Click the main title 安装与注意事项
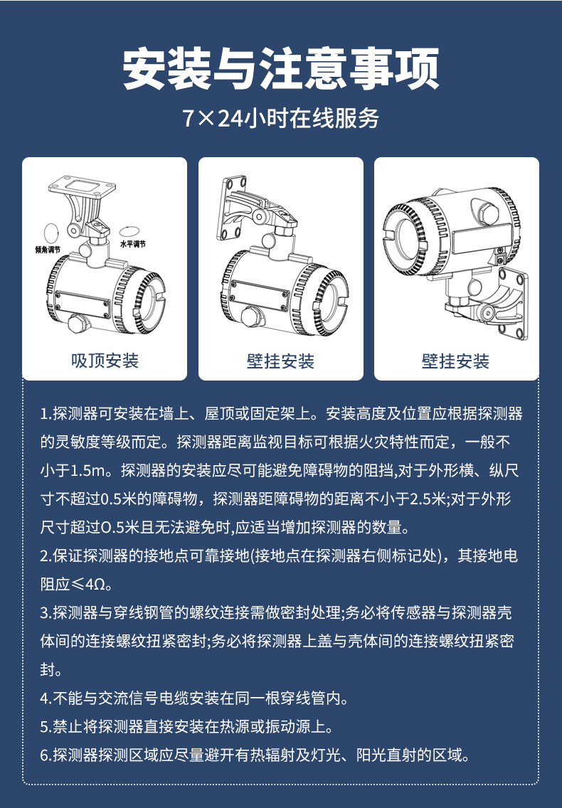click(281, 68)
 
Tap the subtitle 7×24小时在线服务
click(281, 118)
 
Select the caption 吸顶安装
click(105, 361)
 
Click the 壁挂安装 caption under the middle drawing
click(280, 361)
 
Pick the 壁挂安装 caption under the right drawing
click(456, 361)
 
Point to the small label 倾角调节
click(48, 250)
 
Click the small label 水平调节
click(133, 244)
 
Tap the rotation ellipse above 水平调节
click(129, 232)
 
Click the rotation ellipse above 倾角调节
click(51, 231)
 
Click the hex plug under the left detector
click(80, 323)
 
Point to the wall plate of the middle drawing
click(230, 208)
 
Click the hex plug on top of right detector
click(487, 211)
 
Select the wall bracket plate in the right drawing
click(514, 304)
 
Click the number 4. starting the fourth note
click(46, 698)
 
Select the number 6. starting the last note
click(46, 755)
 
